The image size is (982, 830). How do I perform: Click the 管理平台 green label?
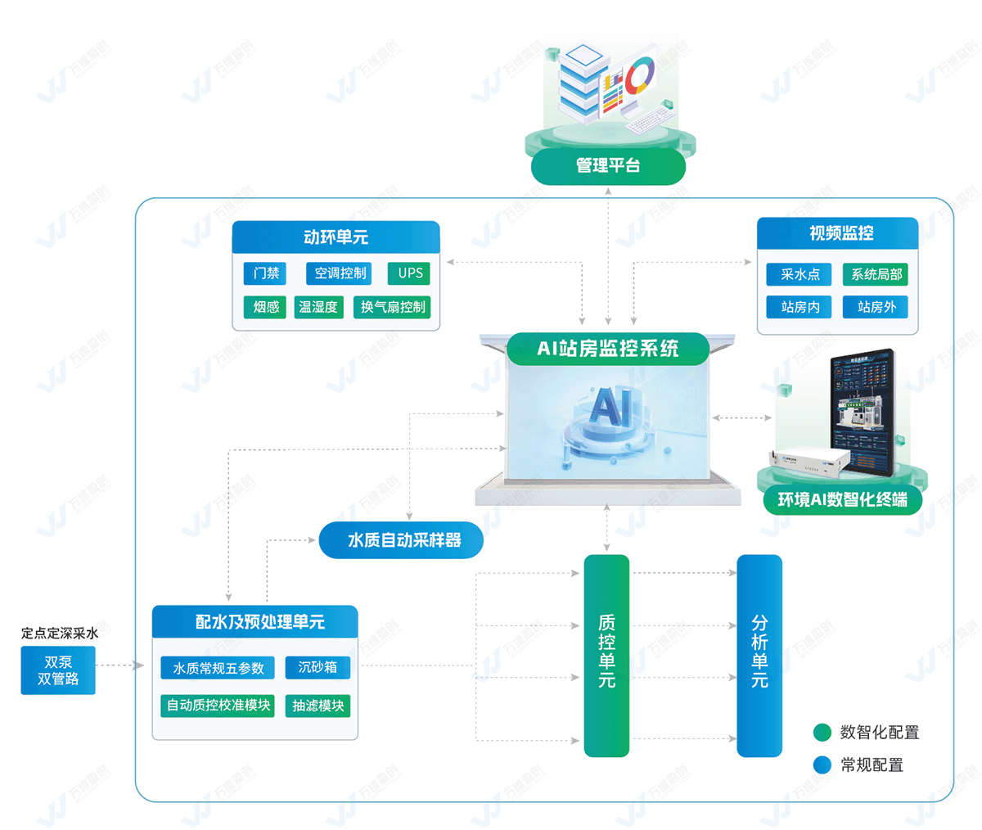(608, 166)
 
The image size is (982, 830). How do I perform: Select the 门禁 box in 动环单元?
(265, 273)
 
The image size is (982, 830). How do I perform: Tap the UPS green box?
(409, 273)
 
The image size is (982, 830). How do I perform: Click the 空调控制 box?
(340, 273)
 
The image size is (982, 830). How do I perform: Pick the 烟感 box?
(265, 307)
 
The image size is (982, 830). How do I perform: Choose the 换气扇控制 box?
(393, 307)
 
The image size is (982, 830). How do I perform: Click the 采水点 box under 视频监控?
(799, 274)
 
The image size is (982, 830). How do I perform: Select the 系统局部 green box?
(876, 274)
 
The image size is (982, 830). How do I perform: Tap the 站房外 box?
(876, 307)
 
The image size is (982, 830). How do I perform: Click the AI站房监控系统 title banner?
(607, 349)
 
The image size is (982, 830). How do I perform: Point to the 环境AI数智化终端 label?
(842, 499)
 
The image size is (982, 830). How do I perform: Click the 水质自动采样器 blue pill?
(402, 540)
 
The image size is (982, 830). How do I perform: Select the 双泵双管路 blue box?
(58, 670)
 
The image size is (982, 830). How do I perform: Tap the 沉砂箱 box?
(318, 667)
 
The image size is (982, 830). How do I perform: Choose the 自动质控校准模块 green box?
(218, 705)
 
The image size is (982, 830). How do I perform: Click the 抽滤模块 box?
(318, 706)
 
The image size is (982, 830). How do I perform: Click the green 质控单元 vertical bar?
(606, 655)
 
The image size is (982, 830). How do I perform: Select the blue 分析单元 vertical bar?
(759, 655)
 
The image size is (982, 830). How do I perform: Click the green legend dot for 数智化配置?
(822, 732)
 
